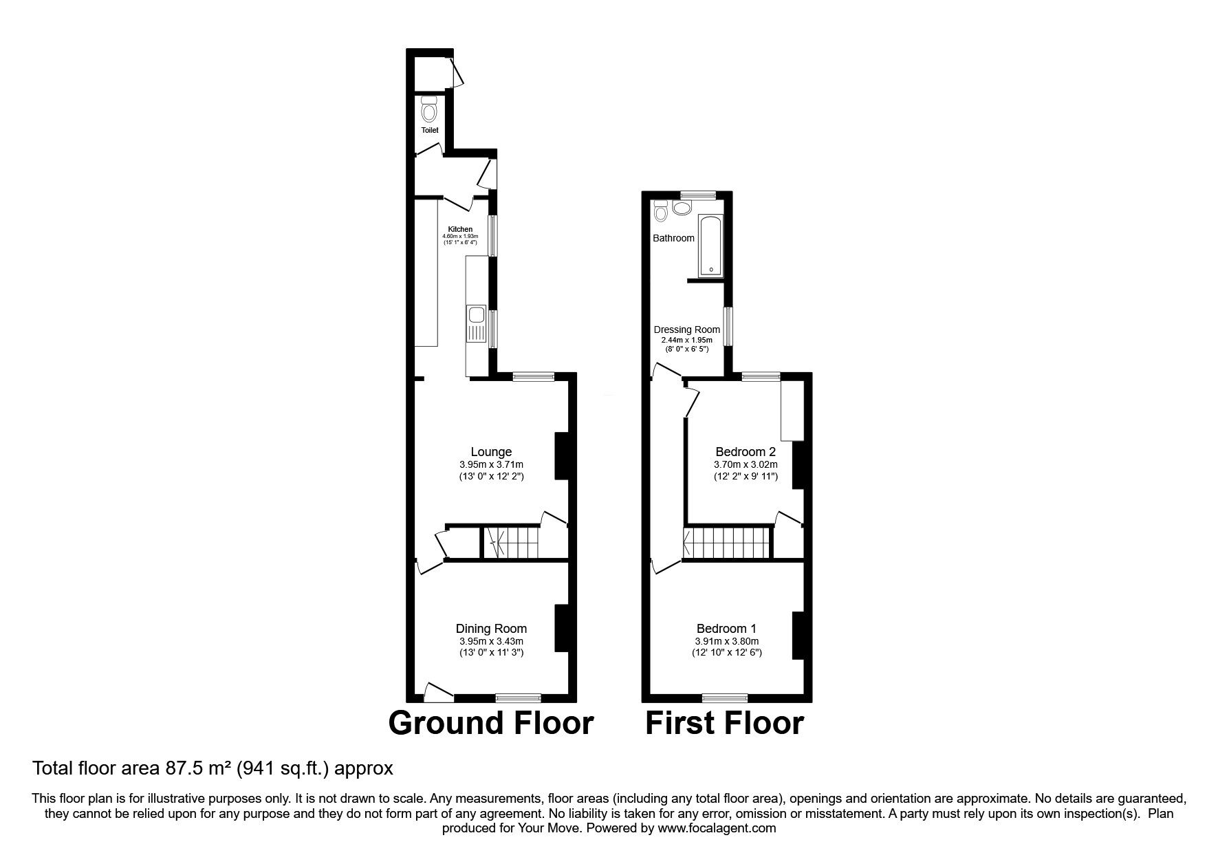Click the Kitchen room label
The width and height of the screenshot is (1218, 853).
tap(460, 229)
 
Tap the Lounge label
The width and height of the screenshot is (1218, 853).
tap(491, 452)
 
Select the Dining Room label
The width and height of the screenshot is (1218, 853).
tap(491, 628)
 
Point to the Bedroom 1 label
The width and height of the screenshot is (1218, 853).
tap(726, 628)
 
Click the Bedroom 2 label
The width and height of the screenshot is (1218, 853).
tap(746, 452)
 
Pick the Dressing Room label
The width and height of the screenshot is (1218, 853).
tap(686, 330)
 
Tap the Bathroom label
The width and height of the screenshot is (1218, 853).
tap(673, 238)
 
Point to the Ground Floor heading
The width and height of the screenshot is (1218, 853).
tap(490, 723)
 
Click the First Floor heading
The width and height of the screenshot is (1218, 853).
tap(724, 723)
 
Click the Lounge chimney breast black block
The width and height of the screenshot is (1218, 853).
tap(562, 455)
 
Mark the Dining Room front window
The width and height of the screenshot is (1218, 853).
tap(518, 698)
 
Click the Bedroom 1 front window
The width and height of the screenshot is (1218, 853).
tap(725, 698)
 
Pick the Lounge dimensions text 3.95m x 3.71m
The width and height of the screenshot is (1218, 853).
tap(491, 464)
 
